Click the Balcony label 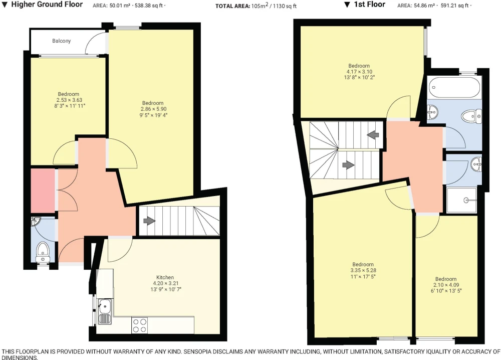pos(61,41)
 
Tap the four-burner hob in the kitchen pos(140,325)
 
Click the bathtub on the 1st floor pos(454,87)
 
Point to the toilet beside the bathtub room pos(472,116)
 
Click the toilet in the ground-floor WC pos(42,252)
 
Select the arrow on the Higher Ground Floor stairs pos(149,221)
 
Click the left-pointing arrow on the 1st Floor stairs pos(373,134)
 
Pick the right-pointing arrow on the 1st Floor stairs pos(348,165)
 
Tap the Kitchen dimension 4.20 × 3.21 pos(165,283)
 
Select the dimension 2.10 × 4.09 pos(446,285)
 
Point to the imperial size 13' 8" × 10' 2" pos(359,77)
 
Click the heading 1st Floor pos(369,5)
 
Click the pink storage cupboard pos(43,191)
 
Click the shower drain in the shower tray pos(466,201)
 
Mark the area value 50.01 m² pos(120,6)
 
